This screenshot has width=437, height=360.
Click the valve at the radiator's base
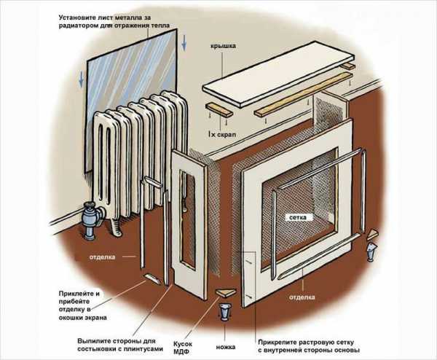(x=92, y=216)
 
